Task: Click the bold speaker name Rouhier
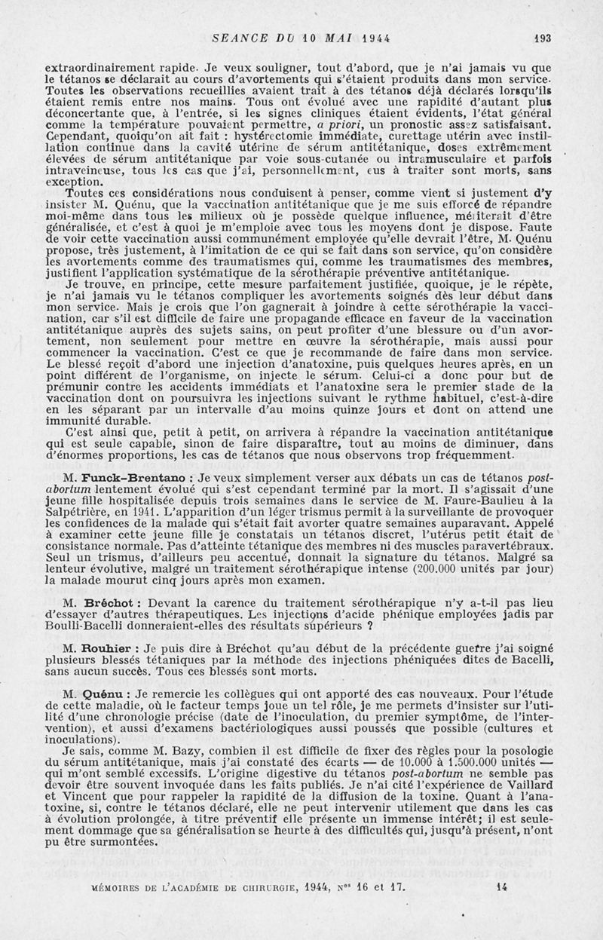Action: coord(109,648)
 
